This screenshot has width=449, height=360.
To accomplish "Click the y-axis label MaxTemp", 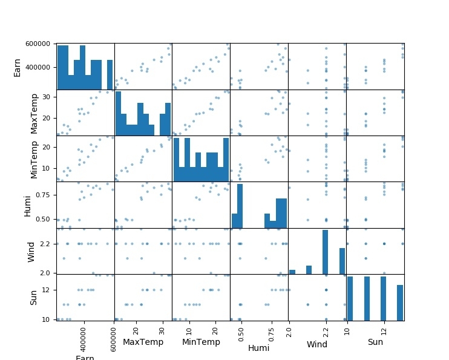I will point(34,113).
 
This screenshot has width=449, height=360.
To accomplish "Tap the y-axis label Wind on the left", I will point(31,251).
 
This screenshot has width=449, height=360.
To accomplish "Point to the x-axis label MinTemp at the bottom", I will point(202,342).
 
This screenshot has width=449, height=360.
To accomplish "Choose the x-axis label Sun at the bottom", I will point(375,342).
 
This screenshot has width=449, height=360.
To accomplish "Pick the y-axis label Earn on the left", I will point(18,67).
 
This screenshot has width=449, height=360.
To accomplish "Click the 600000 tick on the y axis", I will point(38,44).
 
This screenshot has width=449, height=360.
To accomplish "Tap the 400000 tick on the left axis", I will point(38,68).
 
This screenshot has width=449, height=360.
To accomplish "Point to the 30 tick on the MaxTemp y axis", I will point(46,97).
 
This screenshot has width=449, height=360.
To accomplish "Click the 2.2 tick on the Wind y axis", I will point(46,244).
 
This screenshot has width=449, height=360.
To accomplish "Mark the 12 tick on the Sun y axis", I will point(48,290).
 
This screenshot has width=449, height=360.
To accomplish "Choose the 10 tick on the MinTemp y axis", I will point(46,168).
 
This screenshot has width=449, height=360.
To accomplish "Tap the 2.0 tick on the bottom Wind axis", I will point(289,330).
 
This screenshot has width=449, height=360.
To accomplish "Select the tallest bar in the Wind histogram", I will point(325,252).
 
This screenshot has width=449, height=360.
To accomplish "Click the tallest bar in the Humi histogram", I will point(240,206).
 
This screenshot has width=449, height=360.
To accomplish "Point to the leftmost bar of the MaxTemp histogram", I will point(118,113).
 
